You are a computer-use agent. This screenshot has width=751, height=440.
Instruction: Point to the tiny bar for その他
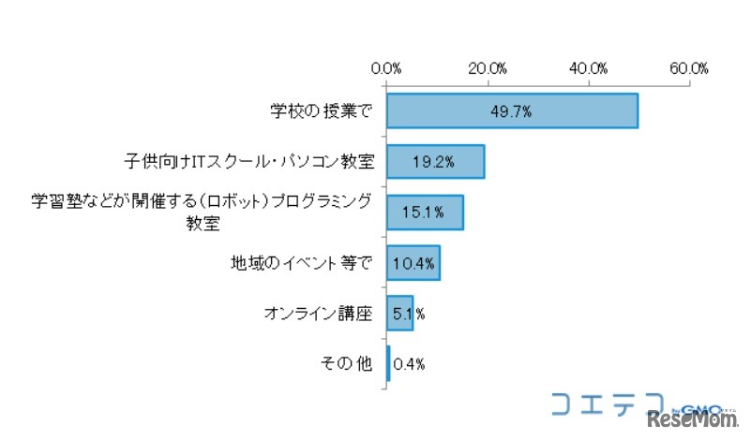click(388, 364)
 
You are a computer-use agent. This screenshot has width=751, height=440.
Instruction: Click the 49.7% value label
click(511, 111)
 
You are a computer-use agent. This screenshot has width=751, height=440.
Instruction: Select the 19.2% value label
click(433, 162)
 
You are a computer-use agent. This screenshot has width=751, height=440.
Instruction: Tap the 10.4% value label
click(413, 263)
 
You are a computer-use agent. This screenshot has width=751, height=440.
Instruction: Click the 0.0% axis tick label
click(386, 68)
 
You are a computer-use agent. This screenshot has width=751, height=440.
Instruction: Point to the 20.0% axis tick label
click(488, 68)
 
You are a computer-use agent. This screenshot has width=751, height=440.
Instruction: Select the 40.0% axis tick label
click(589, 68)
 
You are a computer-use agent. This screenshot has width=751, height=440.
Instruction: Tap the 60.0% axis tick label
click(690, 68)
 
